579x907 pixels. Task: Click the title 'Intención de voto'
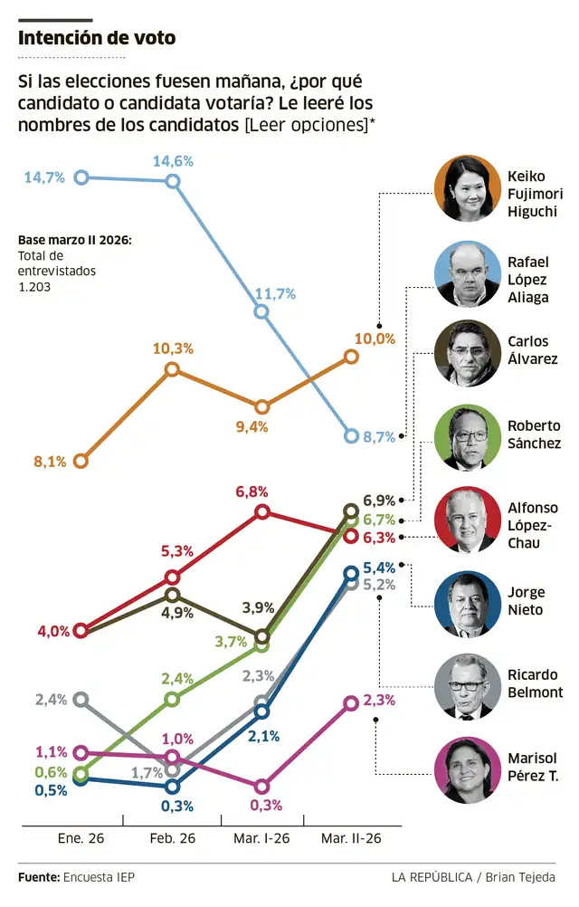click(97, 38)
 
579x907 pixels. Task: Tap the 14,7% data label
click(44, 177)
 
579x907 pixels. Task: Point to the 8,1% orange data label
click(51, 462)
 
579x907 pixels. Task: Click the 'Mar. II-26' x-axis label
click(351, 838)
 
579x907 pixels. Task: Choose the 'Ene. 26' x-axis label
click(81, 838)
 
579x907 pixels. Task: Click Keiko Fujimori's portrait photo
click(469, 188)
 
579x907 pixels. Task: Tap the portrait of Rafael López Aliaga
click(469, 274)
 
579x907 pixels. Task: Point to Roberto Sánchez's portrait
click(469, 438)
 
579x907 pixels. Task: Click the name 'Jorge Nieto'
click(526, 601)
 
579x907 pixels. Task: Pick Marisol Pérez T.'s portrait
click(469, 769)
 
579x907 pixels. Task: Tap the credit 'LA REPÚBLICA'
click(432, 877)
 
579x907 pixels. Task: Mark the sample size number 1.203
click(34, 286)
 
